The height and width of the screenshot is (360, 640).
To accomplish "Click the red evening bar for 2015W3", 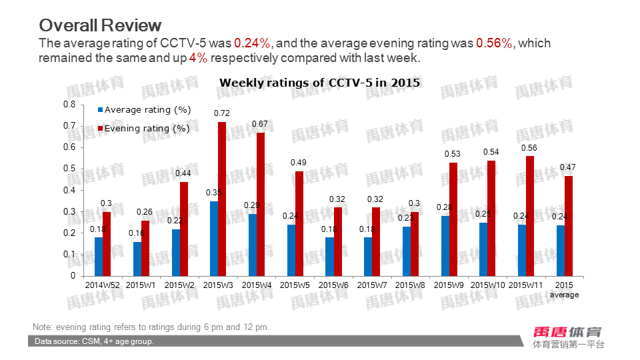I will tap(222, 199).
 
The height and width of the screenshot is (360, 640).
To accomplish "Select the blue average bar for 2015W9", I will tap(445, 245).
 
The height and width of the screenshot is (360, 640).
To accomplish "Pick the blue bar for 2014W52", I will tap(99, 256).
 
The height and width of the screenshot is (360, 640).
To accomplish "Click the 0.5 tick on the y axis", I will tap(69, 169).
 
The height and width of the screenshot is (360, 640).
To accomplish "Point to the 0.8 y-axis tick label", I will tap(69, 105).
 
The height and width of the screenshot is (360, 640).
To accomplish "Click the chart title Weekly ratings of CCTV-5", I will tap(319, 83).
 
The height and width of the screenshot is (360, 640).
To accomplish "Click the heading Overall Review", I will tap(100, 25).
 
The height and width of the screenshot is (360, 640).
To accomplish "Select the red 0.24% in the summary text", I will tap(252, 43).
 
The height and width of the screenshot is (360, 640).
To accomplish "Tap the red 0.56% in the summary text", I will tap(494, 43).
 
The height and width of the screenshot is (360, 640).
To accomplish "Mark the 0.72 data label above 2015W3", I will tap(222, 113).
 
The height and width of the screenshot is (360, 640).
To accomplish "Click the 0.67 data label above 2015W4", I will tap(260, 124).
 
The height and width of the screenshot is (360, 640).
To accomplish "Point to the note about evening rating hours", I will tap(151, 327).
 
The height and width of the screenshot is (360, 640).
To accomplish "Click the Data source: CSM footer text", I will tap(94, 341).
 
